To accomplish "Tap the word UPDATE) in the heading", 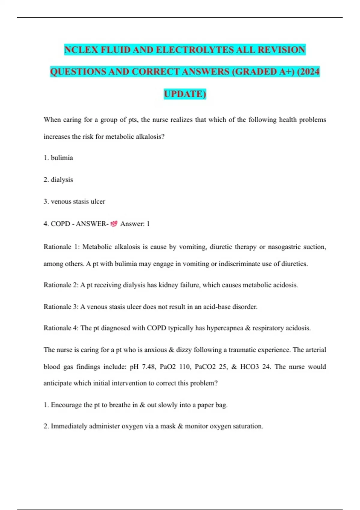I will click(185, 94).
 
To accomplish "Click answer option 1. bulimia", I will click(58, 158).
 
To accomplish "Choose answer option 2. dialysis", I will click(58, 180).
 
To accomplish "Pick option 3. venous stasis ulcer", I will click(74, 201).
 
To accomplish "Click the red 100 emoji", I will click(114, 224).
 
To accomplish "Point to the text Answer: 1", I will click(135, 224).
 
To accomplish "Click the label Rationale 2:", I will click(61, 285).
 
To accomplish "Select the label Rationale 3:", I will click(61, 307).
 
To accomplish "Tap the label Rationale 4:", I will click(61, 328).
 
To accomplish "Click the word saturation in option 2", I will click(248, 426).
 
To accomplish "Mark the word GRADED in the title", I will click(252, 72).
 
